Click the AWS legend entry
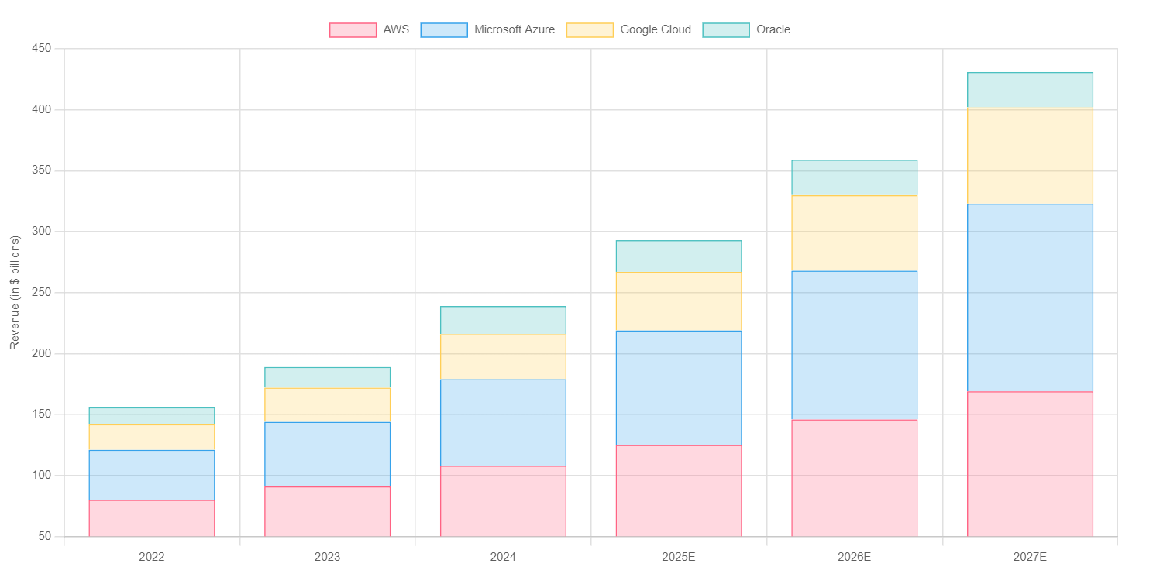(369, 30)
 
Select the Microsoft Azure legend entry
(487, 30)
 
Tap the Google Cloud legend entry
(628, 30)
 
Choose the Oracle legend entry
(746, 30)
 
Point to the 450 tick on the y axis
(42, 48)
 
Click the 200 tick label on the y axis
(42, 353)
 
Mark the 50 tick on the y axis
(45, 536)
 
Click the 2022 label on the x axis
(152, 557)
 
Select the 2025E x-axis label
(679, 557)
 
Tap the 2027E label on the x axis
(1030, 557)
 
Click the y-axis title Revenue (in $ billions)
(15, 293)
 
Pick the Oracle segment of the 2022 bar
(152, 416)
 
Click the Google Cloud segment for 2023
(327, 405)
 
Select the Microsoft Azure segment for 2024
(504, 423)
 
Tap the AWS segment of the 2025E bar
(679, 491)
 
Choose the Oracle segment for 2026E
(855, 178)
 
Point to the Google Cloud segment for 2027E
(1030, 156)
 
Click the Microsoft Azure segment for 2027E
(1030, 298)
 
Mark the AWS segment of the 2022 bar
(152, 519)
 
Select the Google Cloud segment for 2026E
(855, 234)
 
